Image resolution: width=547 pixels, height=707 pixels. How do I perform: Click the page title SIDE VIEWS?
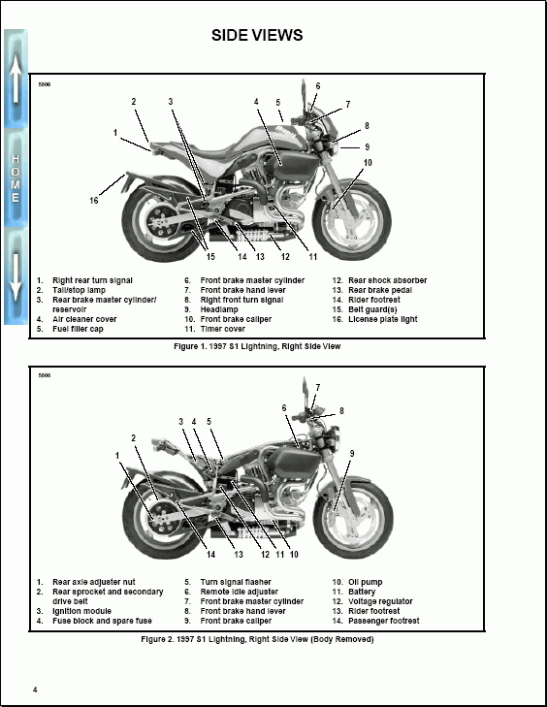(x=257, y=36)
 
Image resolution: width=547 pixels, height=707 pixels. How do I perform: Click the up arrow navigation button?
(x=16, y=82)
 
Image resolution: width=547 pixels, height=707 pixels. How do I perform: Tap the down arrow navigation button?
(x=16, y=276)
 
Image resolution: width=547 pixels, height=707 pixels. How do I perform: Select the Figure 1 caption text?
(x=257, y=345)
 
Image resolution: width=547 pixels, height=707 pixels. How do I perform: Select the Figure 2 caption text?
(x=257, y=639)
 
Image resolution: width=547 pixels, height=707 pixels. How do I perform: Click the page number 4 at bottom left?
(x=35, y=690)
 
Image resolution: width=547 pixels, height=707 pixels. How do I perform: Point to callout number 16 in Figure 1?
(x=94, y=201)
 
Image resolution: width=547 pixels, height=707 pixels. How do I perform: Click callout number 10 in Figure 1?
(x=368, y=162)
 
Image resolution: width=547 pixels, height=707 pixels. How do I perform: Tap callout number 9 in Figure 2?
(x=351, y=453)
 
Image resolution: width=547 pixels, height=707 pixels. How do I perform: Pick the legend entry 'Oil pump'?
(x=365, y=582)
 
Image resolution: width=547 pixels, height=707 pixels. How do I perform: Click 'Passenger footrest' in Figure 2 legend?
(x=384, y=621)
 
